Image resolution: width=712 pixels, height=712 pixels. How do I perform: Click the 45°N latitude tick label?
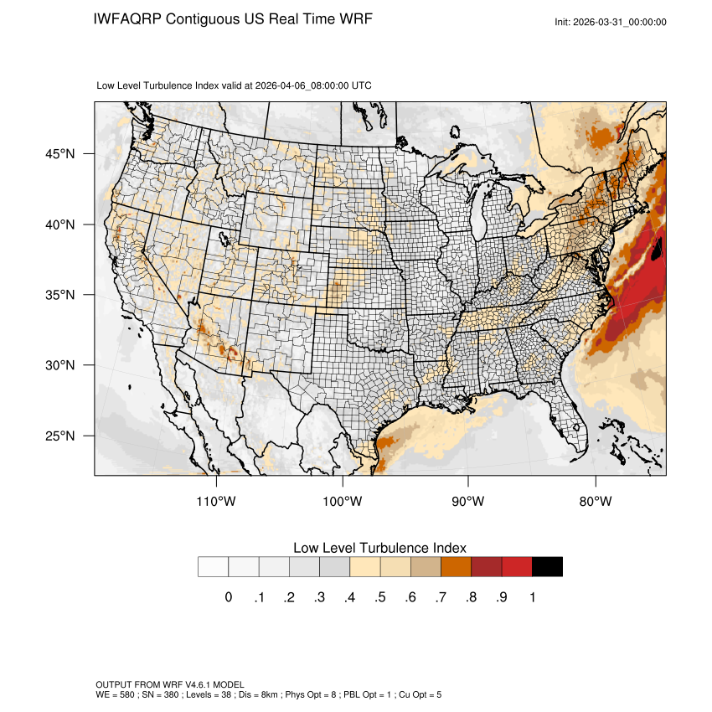(61, 154)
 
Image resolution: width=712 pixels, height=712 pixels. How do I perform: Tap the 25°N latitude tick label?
(61, 436)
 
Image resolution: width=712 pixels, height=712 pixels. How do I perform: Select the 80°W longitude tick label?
(596, 502)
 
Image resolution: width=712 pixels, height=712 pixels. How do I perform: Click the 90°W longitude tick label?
(468, 502)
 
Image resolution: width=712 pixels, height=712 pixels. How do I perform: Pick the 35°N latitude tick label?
(61, 295)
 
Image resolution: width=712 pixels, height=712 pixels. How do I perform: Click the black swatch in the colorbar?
(547, 567)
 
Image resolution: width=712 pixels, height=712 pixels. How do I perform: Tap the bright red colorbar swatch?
(517, 567)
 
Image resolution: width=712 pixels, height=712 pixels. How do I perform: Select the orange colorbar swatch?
(456, 567)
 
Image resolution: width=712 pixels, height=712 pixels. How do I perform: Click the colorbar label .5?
(380, 597)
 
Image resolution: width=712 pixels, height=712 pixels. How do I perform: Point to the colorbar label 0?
(228, 597)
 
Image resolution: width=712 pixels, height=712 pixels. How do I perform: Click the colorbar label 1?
(532, 597)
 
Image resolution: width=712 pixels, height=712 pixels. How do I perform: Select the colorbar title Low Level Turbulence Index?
(379, 548)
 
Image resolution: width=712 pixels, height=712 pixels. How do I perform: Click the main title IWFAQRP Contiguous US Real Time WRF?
(233, 18)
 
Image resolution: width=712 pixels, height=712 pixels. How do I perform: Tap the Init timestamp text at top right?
(611, 22)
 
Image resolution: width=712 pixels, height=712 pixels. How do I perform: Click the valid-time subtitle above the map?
(235, 85)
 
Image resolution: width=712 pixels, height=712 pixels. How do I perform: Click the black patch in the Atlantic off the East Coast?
(657, 248)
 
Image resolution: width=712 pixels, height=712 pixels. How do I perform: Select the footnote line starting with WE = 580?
(268, 694)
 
